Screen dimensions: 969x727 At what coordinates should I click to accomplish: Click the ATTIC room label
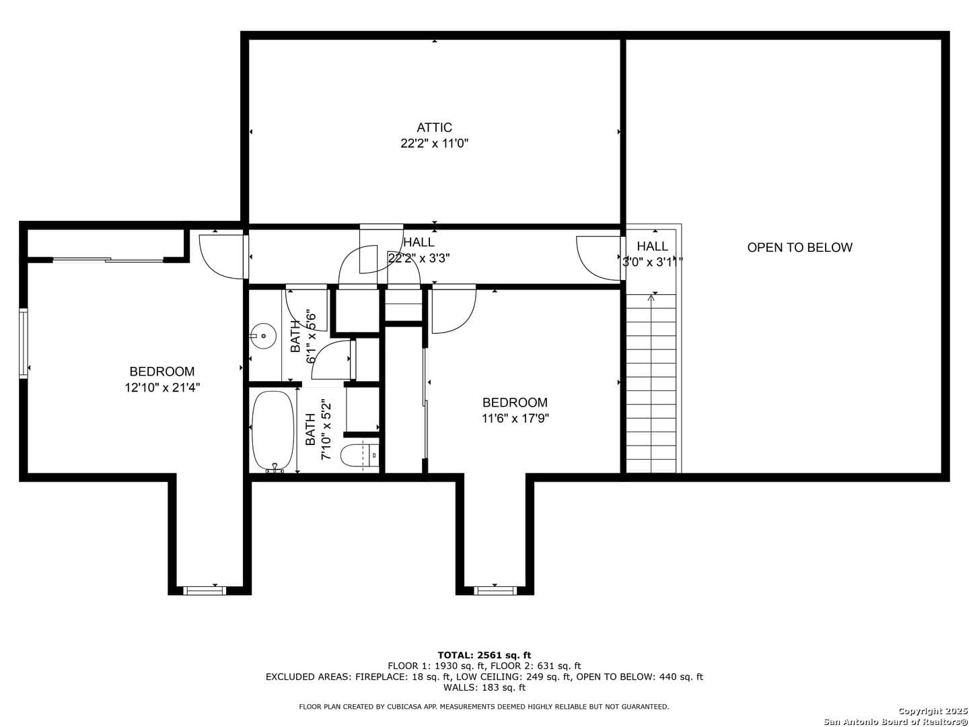click(x=434, y=128)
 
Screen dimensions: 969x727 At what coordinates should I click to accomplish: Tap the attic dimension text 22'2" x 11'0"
click(x=434, y=143)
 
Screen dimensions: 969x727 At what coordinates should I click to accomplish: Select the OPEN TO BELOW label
click(x=799, y=247)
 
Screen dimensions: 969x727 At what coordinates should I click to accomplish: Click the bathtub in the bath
click(x=273, y=431)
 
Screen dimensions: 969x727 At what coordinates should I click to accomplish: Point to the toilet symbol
click(x=360, y=455)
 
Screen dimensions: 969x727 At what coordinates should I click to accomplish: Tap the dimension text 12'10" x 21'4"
click(x=162, y=388)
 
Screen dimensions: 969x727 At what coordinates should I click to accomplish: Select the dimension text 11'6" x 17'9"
click(x=515, y=418)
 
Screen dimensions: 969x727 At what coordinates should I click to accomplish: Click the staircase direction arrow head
click(x=651, y=298)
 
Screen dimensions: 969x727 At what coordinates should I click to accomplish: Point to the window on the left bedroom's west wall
click(x=23, y=343)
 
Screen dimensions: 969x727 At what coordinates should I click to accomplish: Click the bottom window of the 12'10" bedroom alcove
click(x=205, y=590)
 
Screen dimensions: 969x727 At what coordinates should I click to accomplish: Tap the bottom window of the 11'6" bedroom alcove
click(x=495, y=590)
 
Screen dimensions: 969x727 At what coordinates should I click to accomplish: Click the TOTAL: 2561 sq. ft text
click(x=484, y=655)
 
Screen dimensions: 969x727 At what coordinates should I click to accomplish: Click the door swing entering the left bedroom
click(x=221, y=256)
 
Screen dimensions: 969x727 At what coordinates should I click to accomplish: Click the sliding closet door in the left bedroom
click(x=108, y=260)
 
